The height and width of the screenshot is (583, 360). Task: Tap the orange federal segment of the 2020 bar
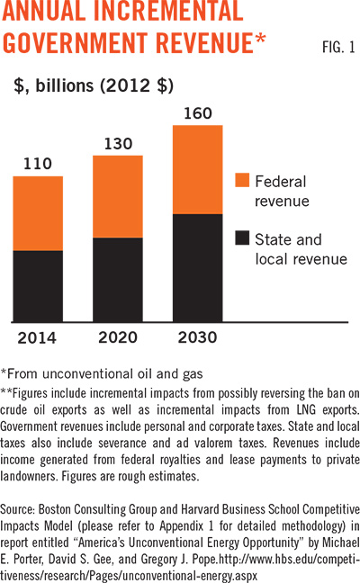pos(117,196)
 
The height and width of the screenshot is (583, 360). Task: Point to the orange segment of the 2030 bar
pos(197,169)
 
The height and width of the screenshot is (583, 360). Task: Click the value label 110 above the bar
pos(38,164)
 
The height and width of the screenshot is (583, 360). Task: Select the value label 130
pos(117,143)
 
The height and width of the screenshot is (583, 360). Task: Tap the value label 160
pos(197,113)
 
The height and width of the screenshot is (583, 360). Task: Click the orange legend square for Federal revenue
pos(241,180)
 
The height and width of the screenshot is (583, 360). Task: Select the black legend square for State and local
pos(241,239)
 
